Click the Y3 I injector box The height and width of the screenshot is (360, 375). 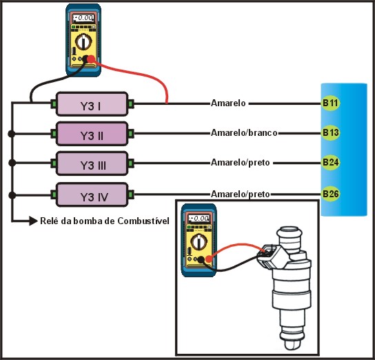click(x=92, y=104)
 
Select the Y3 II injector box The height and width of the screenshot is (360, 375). click(x=92, y=134)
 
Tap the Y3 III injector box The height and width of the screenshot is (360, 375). click(x=92, y=163)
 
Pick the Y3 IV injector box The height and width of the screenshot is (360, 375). click(x=92, y=194)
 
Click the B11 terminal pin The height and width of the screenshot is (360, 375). click(x=330, y=103)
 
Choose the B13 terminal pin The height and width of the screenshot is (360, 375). click(x=330, y=132)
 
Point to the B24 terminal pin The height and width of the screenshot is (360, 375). click(x=330, y=163)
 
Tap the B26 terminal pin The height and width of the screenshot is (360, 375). click(x=330, y=194)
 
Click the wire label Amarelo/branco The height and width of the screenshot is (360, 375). click(x=244, y=132)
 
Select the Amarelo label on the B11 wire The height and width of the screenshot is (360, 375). click(x=228, y=103)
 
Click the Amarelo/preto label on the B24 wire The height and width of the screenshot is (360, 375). click(x=240, y=163)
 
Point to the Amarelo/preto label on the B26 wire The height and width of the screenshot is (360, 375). click(x=240, y=194)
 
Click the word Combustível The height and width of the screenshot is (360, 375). click(x=143, y=221)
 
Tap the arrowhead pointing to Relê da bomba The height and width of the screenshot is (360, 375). click(x=33, y=221)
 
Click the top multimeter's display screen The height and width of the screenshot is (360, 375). click(x=83, y=18)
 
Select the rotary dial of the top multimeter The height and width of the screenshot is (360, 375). click(x=83, y=42)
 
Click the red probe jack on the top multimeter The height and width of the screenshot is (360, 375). click(x=91, y=59)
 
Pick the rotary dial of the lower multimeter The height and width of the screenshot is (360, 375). click(x=199, y=242)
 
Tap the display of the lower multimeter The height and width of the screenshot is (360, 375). click(x=199, y=219)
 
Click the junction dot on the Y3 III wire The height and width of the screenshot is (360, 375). click(x=12, y=163)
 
